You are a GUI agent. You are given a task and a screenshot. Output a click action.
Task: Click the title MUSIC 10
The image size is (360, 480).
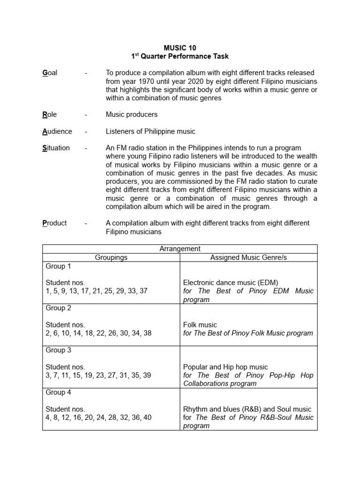click(180, 48)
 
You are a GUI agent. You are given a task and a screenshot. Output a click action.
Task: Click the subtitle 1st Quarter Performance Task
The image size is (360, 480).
click(180, 57)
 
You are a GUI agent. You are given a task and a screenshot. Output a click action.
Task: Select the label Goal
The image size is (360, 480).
click(50, 73)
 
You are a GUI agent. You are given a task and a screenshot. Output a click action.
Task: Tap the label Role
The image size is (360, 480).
click(49, 114)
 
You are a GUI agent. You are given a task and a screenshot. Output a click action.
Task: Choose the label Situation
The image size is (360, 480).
click(56, 148)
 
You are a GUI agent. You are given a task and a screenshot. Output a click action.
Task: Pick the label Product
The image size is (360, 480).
click(54, 223)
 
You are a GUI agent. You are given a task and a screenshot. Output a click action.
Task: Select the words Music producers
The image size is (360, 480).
click(132, 114)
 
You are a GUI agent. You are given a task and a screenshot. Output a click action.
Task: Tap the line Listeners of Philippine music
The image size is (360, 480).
click(150, 131)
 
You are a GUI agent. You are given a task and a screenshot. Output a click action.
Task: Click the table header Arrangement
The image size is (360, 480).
click(180, 249)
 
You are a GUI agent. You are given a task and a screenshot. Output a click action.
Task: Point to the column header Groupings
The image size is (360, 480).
click(111, 257)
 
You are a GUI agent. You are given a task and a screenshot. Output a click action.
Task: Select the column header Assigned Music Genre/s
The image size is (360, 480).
click(248, 257)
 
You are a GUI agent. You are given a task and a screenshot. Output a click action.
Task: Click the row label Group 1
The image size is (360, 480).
click(58, 266)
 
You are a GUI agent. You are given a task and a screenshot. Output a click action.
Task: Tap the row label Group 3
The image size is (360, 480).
click(58, 350)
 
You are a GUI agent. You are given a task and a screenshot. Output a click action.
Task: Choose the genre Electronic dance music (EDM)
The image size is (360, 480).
click(231, 283)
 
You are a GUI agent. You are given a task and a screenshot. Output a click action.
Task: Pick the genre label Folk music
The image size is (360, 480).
click(200, 325)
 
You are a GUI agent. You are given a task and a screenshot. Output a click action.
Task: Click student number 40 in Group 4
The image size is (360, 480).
click(147, 418)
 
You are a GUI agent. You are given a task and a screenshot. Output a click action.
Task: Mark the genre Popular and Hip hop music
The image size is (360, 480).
click(225, 367)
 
